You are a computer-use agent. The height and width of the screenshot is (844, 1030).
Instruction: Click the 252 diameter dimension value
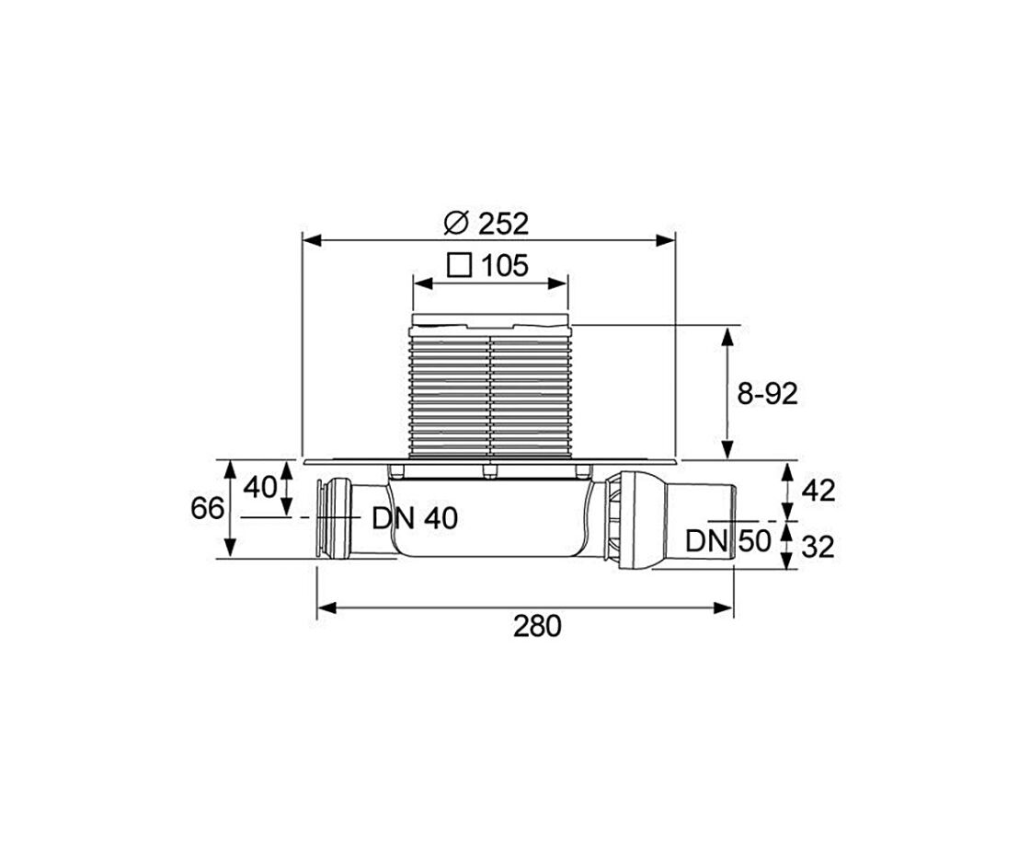503,225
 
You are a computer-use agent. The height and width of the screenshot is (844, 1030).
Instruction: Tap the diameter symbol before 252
455,224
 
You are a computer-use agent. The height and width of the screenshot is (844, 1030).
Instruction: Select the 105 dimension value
505,266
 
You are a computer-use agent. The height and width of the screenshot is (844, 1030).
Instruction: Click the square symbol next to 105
460,266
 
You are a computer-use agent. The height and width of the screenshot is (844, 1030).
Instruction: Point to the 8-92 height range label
767,394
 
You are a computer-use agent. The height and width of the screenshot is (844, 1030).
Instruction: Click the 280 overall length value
537,627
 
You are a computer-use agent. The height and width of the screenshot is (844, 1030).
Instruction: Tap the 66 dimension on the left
208,508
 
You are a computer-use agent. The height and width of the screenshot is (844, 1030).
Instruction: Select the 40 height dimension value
260,488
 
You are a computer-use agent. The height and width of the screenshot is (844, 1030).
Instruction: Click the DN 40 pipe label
415,518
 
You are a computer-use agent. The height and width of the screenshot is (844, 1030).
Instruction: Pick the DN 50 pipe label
727,541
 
